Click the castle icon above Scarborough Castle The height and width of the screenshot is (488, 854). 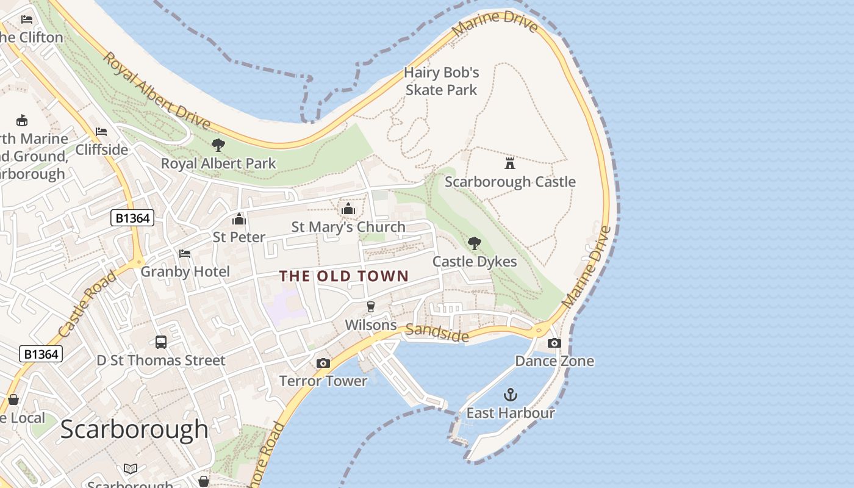point(510,163)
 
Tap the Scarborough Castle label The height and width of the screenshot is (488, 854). point(510,182)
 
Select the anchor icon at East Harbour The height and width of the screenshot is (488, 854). point(510,395)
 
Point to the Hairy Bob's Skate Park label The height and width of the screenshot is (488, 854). point(442,81)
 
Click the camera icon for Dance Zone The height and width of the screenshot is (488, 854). point(554,343)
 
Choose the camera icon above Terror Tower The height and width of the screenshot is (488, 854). point(323,364)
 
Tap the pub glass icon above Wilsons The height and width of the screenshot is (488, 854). point(370,306)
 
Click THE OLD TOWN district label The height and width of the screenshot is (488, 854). point(344,276)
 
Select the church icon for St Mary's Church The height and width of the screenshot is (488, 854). point(348,209)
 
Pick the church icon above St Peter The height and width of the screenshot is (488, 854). point(239,219)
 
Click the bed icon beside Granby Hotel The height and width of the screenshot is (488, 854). point(185,254)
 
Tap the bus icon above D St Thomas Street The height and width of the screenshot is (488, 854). point(161,342)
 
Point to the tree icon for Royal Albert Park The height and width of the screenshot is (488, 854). point(218,145)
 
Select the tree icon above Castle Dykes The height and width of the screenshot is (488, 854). point(474,243)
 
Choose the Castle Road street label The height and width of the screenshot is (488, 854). point(88,304)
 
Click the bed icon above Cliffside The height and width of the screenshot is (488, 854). point(101,132)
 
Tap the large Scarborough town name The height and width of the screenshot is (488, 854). point(134,429)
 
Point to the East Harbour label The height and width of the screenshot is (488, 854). point(511,413)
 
